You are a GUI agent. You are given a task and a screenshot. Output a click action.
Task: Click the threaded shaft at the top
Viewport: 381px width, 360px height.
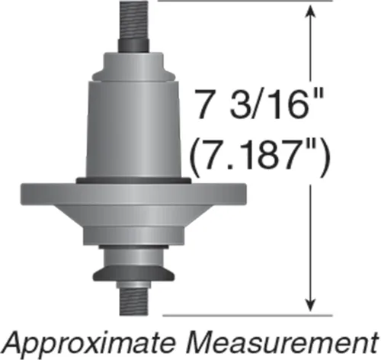[134, 21]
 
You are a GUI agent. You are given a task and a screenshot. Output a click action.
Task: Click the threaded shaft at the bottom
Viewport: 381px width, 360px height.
[133, 302]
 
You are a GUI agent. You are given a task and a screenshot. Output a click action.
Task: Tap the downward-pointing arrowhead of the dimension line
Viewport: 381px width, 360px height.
[310, 304]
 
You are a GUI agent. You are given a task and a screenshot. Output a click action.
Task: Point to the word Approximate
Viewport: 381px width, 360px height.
[90, 342]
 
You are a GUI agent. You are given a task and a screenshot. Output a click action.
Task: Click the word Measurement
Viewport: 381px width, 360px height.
[281, 341]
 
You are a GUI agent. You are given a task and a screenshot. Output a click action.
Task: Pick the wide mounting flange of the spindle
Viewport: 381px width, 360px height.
[133, 194]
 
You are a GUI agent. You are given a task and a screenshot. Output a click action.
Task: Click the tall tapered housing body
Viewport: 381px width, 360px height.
[133, 130]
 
